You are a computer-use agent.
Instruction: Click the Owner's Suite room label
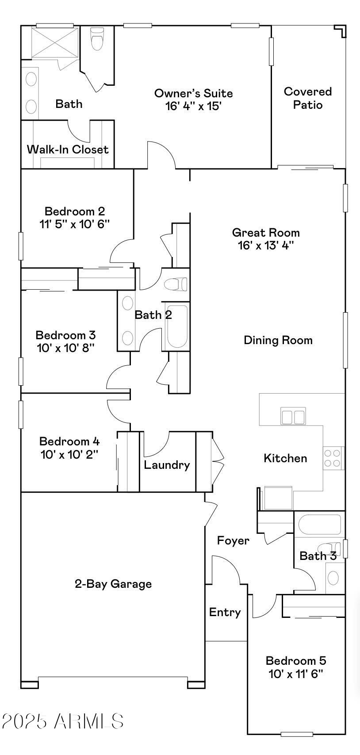pyautogui.click(x=193, y=93)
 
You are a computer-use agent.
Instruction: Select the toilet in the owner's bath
pyautogui.click(x=97, y=39)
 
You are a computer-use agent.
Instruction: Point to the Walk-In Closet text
pyautogui.click(x=68, y=149)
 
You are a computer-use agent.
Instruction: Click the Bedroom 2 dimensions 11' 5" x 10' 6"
pyautogui.click(x=74, y=224)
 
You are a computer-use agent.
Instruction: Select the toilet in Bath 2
pyautogui.click(x=176, y=284)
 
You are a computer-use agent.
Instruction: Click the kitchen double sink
pyautogui.click(x=293, y=417)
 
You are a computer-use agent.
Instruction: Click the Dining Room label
pyautogui.click(x=278, y=340)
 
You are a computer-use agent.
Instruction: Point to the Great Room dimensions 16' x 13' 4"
pyautogui.click(x=266, y=245)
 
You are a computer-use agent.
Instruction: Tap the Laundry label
pyautogui.click(x=167, y=465)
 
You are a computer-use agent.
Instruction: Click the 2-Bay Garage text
pyautogui.click(x=113, y=584)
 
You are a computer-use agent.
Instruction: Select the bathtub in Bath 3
pyautogui.click(x=319, y=525)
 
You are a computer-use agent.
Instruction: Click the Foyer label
pyautogui.click(x=233, y=540)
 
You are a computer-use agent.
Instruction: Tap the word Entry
pyautogui.click(x=225, y=612)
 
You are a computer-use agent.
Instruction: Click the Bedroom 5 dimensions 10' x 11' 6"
pyautogui.click(x=296, y=674)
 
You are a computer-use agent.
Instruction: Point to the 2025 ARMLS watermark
pyautogui.click(x=62, y=721)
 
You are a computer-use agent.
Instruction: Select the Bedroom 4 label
pyautogui.click(x=69, y=441)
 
